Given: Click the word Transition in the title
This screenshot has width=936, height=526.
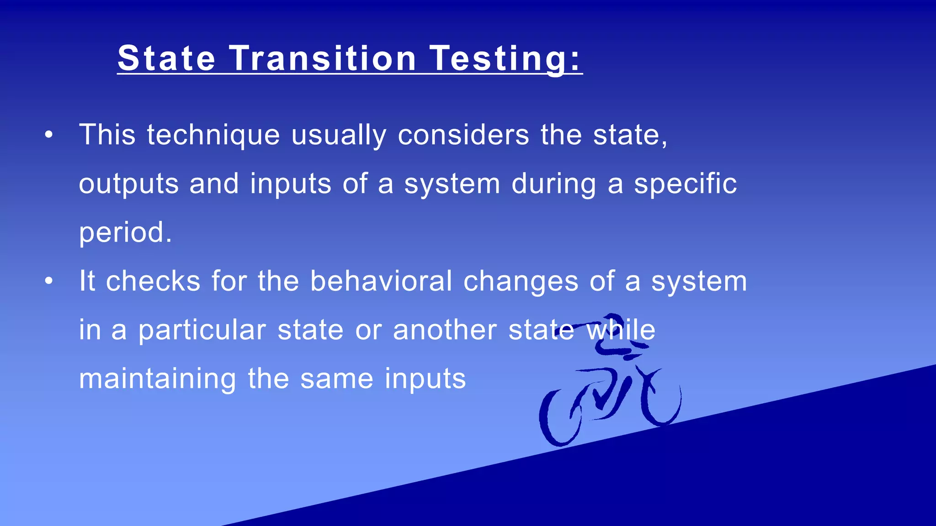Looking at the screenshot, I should click(322, 58).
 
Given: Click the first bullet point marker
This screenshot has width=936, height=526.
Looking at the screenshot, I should click(49, 135).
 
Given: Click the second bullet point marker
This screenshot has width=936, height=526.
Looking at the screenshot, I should click(49, 281).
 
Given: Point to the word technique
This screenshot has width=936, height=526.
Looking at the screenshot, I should click(213, 136).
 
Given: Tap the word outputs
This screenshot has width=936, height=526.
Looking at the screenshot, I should click(128, 184).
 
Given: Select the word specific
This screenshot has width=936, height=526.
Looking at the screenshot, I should click(685, 184).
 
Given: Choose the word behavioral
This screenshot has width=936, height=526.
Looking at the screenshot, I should click(381, 281).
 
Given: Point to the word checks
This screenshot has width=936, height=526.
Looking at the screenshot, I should click(153, 281).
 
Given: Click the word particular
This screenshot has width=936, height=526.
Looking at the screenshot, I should click(202, 331).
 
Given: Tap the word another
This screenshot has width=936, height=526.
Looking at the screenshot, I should click(445, 331).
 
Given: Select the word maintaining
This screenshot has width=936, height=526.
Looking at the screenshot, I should click(158, 379).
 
